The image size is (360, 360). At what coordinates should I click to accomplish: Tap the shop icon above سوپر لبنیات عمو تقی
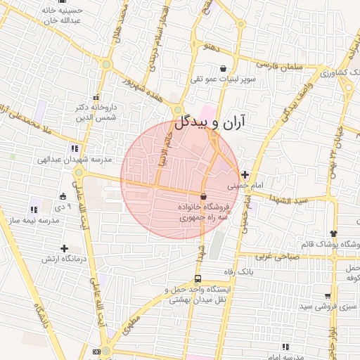pyautogui.click(x=224, y=69)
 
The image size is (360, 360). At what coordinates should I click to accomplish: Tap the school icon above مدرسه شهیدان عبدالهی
pyautogui.click(x=75, y=148)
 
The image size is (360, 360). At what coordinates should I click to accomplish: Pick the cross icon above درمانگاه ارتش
pyautogui.click(x=65, y=248)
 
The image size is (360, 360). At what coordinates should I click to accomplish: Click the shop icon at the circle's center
pyautogui.click(x=204, y=196)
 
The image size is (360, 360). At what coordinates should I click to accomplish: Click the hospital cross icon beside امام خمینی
pyautogui.click(x=244, y=174)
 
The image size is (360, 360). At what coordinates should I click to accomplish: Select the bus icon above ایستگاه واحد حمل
pyautogui.click(x=199, y=278)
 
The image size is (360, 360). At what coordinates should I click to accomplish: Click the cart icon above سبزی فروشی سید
pyautogui.click(x=328, y=296)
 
